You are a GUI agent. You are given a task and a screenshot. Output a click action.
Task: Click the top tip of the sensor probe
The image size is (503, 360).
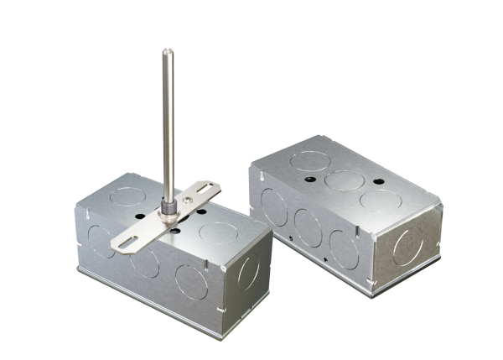[x=166, y=52]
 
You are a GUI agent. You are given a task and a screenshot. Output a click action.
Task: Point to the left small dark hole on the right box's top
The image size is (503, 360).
[x=309, y=179]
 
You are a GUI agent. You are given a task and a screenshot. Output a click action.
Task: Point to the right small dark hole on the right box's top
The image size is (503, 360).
[x=378, y=180]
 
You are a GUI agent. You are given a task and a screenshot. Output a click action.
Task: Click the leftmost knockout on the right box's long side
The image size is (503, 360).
[x=274, y=206]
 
